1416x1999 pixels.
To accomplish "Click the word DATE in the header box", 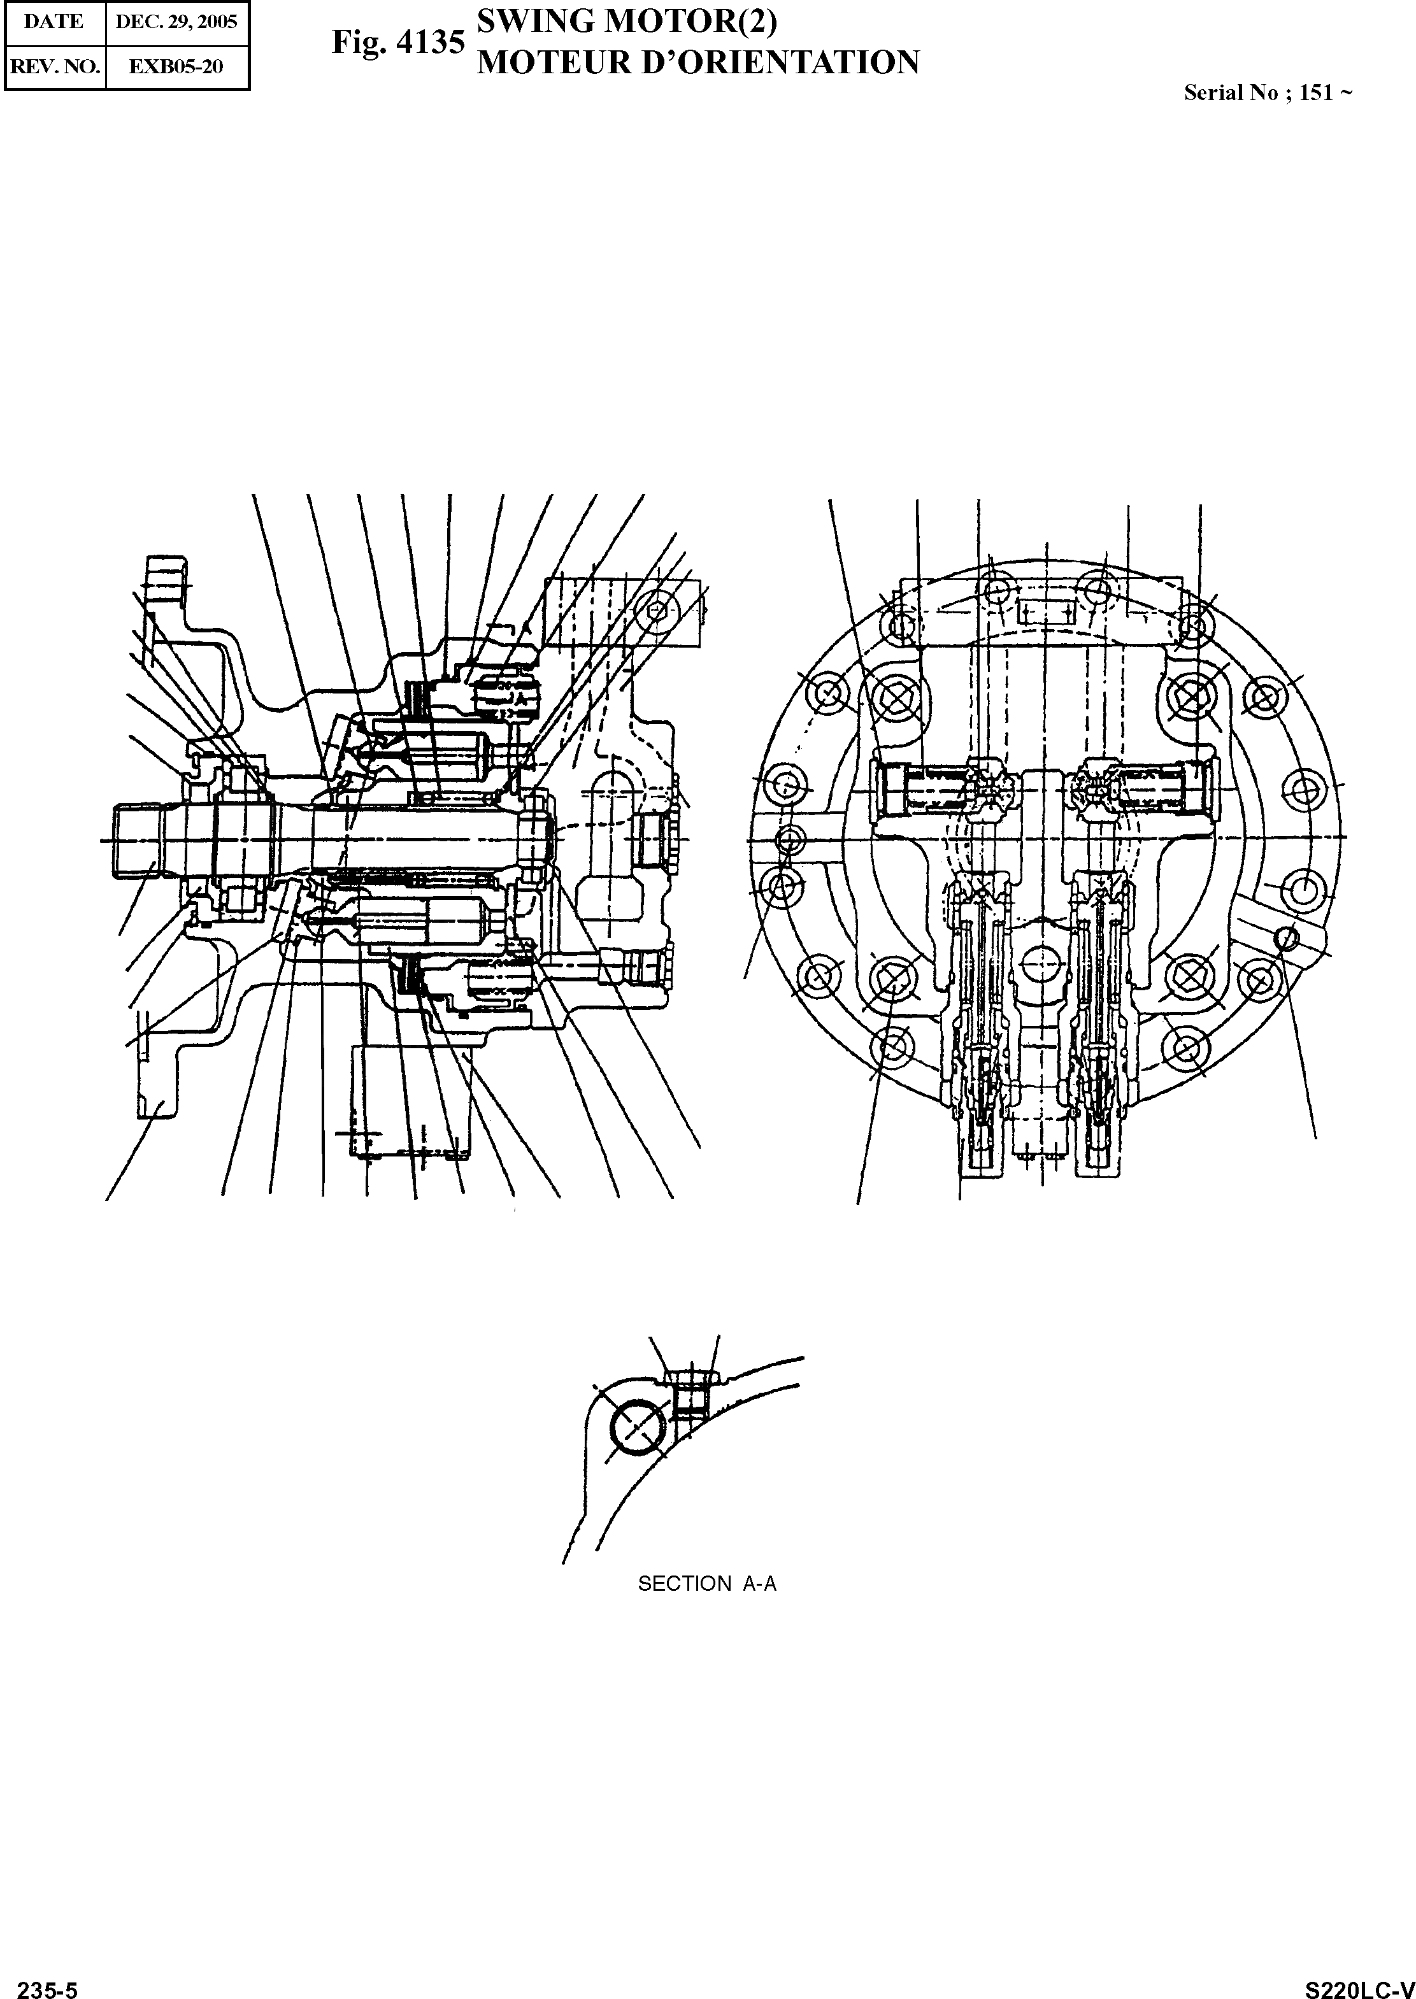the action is [53, 22].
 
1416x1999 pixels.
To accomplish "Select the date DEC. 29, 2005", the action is [176, 22].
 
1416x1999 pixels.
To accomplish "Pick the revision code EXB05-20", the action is [176, 66].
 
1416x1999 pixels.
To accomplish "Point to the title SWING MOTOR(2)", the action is [627, 21].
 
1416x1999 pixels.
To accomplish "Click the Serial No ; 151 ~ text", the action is [1268, 93].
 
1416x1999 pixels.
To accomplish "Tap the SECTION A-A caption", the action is [706, 1584].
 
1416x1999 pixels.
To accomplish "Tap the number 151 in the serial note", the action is [1316, 93].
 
